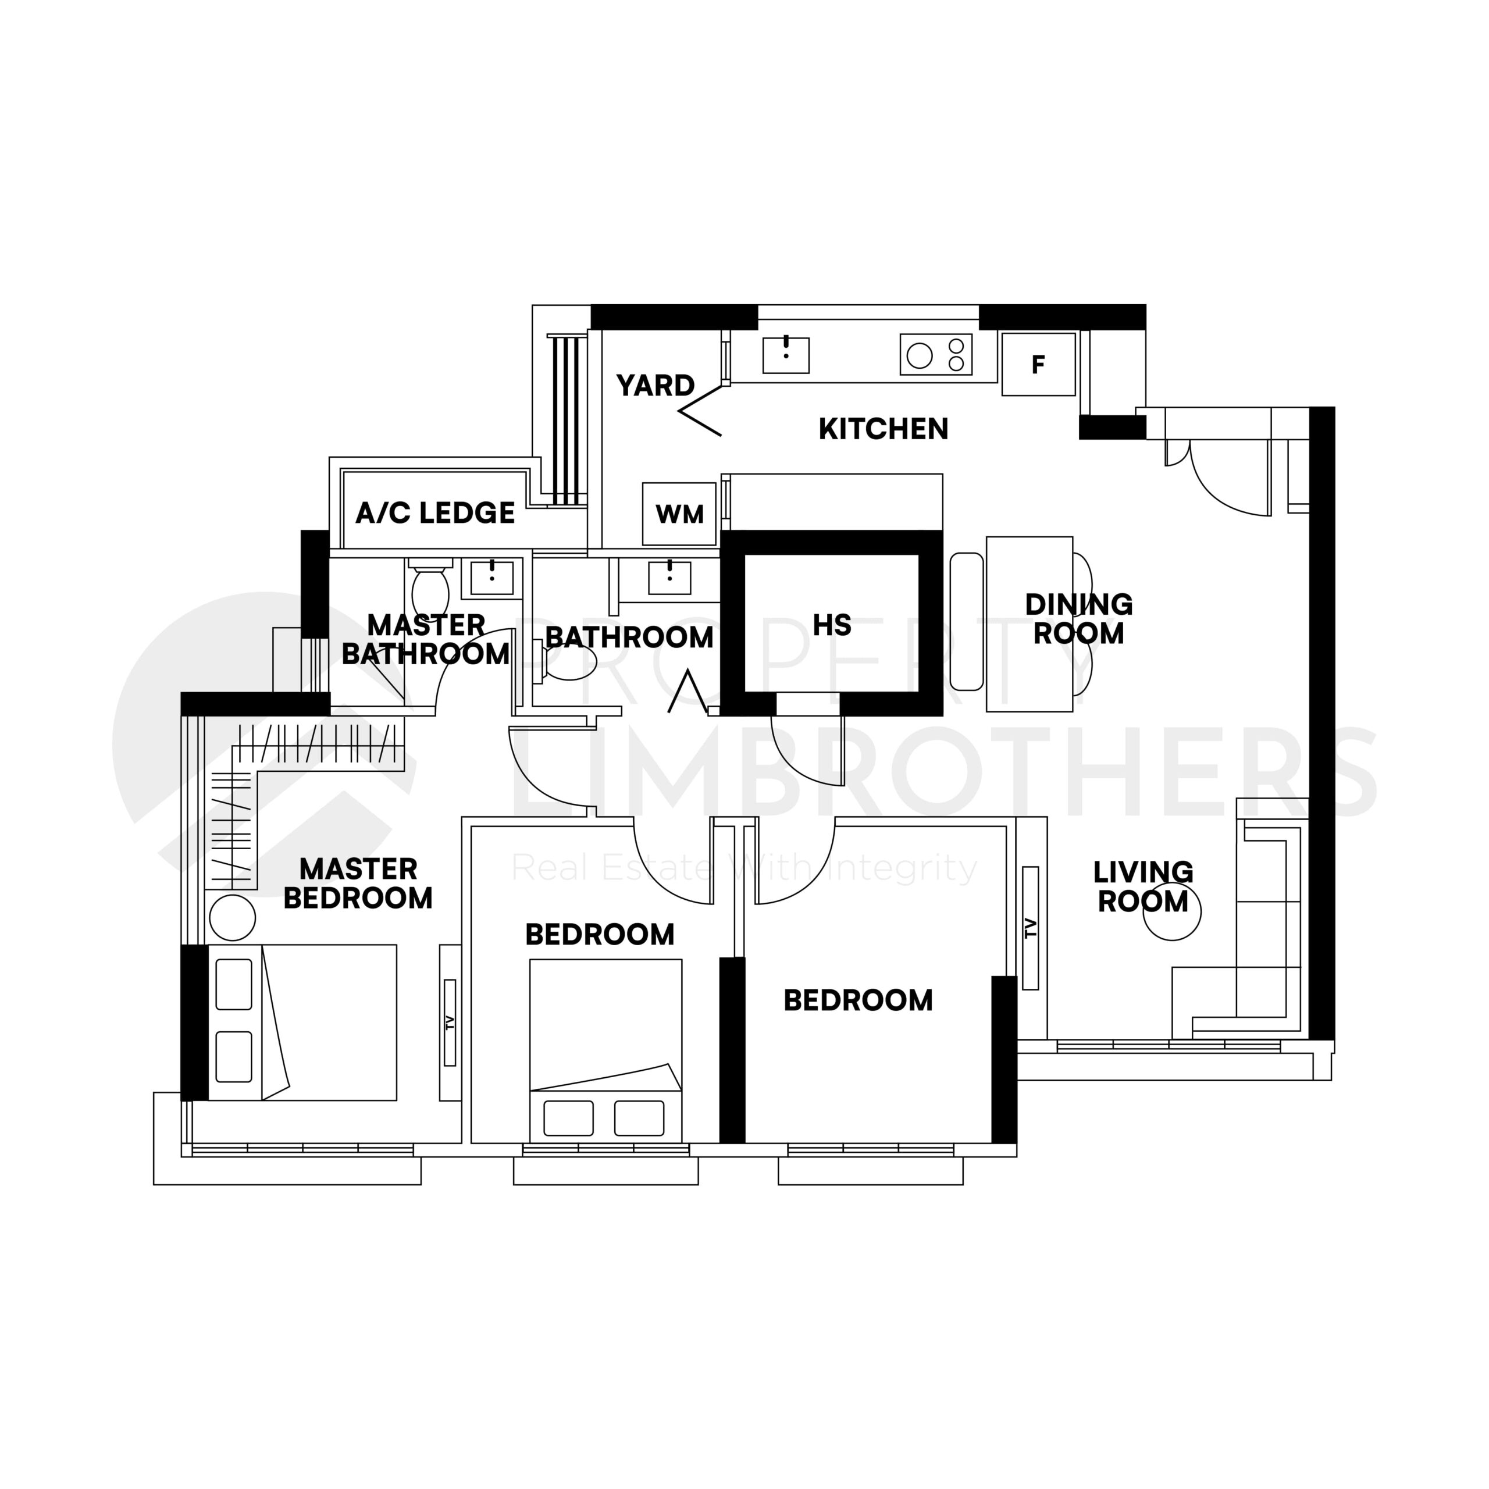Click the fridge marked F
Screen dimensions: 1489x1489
pyautogui.click(x=1038, y=365)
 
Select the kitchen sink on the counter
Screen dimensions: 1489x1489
pyautogui.click(x=785, y=355)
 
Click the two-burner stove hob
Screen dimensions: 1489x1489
pyautogui.click(x=936, y=355)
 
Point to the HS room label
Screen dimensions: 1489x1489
pyautogui.click(x=832, y=625)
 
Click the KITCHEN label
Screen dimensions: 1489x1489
pyautogui.click(x=884, y=429)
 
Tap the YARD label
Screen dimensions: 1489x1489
pyautogui.click(x=655, y=386)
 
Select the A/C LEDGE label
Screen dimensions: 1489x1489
pyautogui.click(x=434, y=512)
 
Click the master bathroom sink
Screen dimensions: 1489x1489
pyautogui.click(x=491, y=577)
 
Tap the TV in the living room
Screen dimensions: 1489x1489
pyautogui.click(x=1031, y=928)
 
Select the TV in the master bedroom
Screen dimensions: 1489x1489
pyautogui.click(x=450, y=1023)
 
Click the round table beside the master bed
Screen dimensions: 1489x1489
pyautogui.click(x=232, y=917)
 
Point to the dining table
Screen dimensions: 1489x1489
pyautogui.click(x=1029, y=624)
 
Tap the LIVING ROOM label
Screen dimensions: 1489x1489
pyautogui.click(x=1143, y=887)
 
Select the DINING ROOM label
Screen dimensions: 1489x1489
pyautogui.click(x=1078, y=619)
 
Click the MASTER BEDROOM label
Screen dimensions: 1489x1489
pyautogui.click(x=358, y=884)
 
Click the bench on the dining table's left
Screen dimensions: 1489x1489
pyautogui.click(x=967, y=621)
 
